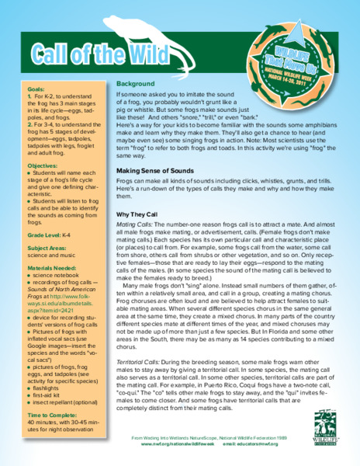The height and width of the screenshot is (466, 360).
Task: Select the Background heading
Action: coord(135,83)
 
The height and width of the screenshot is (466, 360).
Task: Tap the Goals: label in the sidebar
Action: coord(35,89)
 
